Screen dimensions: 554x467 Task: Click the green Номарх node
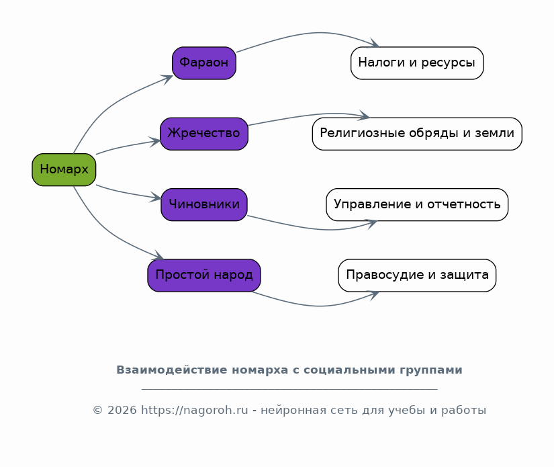[64, 169]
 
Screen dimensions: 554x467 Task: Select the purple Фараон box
[204, 63]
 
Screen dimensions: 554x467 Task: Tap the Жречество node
[204, 134]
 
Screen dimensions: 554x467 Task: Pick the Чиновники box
[204, 204]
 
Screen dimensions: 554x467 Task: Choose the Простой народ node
[204, 275]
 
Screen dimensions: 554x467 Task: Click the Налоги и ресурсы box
[417, 63]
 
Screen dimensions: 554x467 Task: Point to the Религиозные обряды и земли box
[417, 134]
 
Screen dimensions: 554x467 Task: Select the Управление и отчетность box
[417, 204]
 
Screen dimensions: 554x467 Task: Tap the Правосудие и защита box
[417, 275]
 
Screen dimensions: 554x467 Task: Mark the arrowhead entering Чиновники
[156, 198]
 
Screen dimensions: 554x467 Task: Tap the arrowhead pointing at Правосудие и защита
[374, 295]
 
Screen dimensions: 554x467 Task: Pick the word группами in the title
[431, 370]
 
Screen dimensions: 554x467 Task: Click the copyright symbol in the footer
[97, 410]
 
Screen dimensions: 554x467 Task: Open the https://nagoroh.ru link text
[194, 410]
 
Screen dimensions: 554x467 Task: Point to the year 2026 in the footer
[122, 410]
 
